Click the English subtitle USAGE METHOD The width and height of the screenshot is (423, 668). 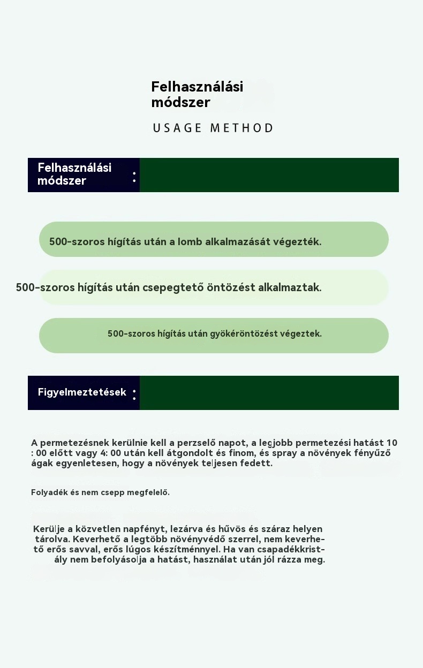pos(213,128)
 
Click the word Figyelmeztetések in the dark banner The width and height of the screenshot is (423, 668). pos(82,392)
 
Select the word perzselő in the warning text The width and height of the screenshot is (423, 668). pos(192,443)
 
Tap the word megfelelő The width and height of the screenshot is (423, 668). pos(148,492)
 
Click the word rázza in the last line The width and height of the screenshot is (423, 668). pos(291,560)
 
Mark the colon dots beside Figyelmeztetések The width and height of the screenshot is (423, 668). pos(134,394)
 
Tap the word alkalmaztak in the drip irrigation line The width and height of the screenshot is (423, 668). pos(290,287)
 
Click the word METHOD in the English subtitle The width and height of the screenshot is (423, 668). pos(241,128)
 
